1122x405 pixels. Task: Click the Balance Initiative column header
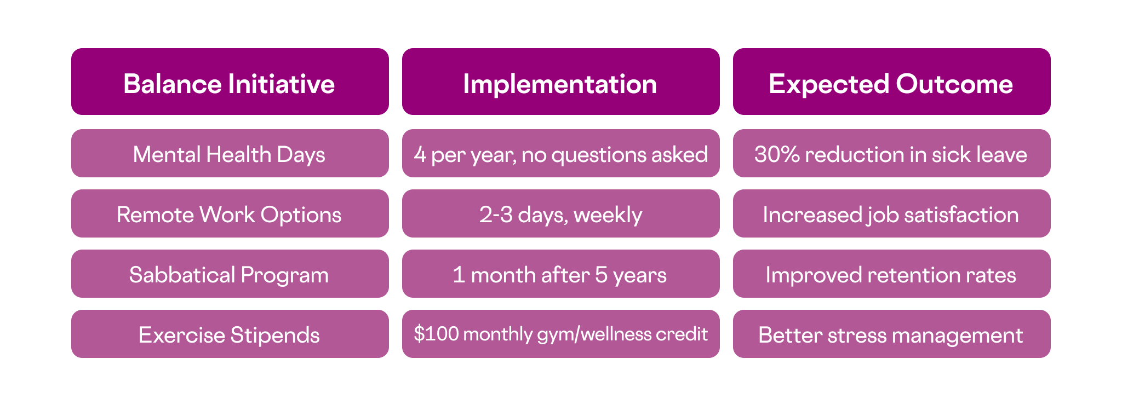pyautogui.click(x=230, y=82)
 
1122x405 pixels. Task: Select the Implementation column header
pyautogui.click(x=561, y=82)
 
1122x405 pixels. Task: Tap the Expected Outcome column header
pyautogui.click(x=892, y=82)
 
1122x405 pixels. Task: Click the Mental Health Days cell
pyautogui.click(x=230, y=153)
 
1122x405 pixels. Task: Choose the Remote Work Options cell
pyautogui.click(x=230, y=213)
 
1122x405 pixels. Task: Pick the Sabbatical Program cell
pyautogui.click(x=230, y=274)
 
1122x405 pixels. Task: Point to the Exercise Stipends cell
pyautogui.click(x=230, y=334)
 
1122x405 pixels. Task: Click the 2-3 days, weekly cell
pyautogui.click(x=561, y=213)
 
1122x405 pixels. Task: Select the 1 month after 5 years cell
pyautogui.click(x=561, y=274)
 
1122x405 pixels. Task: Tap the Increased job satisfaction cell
pyautogui.click(x=892, y=213)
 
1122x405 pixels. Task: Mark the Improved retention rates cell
pyautogui.click(x=892, y=274)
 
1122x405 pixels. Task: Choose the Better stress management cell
pyautogui.click(x=892, y=334)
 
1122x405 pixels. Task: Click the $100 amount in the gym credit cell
pyautogui.click(x=436, y=333)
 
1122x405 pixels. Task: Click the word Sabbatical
pyautogui.click(x=182, y=275)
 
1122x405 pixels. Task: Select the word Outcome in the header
pyautogui.click(x=954, y=84)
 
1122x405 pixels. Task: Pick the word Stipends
pyautogui.click(x=274, y=335)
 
